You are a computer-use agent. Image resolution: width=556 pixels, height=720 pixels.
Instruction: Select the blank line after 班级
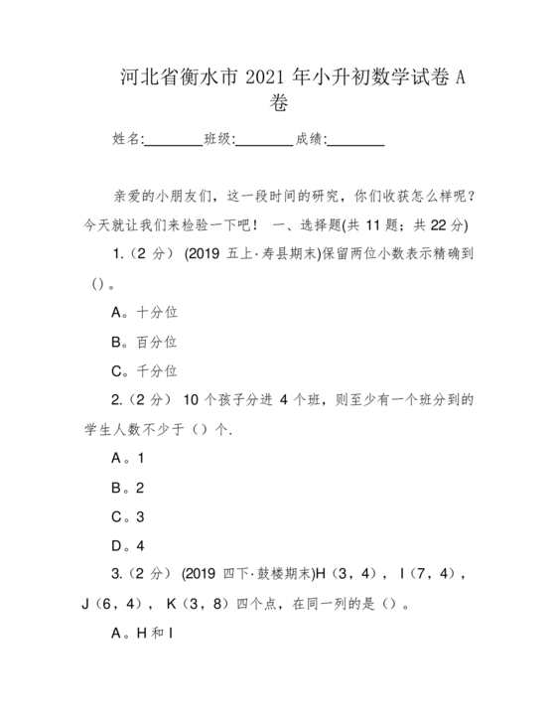[x=264, y=140]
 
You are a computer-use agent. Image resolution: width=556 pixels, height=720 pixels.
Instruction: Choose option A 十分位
[x=144, y=312]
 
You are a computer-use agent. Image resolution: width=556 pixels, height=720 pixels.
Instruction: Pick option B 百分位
[x=144, y=342]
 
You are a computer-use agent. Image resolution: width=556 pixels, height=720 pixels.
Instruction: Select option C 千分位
[x=144, y=371]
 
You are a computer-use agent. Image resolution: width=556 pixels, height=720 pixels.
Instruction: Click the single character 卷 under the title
[x=279, y=102]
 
